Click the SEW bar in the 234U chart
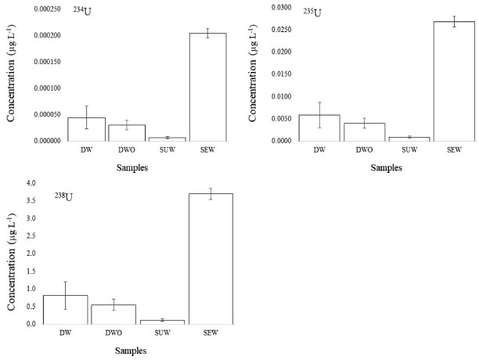tap(207, 87)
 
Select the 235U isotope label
tap(312, 12)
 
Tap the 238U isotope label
tap(63, 196)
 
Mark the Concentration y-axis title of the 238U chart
tap(12, 254)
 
